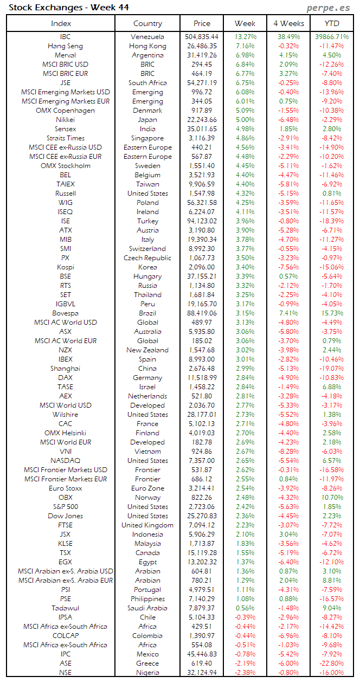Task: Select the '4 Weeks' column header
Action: pos(288,23)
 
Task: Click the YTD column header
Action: pos(332,23)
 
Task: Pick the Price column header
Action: pos(202,23)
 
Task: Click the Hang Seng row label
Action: pos(65,46)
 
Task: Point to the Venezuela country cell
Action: pos(147,37)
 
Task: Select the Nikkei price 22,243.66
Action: pos(202,120)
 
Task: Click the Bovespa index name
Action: pos(65,313)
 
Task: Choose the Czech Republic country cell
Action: pos(147,258)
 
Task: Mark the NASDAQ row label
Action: pos(65,461)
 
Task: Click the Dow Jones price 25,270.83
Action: pos(202,516)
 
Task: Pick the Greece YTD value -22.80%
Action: pos(332,663)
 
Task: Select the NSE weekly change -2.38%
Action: pos(245,673)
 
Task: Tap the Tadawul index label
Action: pos(65,608)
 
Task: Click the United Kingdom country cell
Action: pos(147,525)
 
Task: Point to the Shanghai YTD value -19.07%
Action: pos(332,369)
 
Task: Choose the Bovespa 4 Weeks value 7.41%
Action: pos(288,313)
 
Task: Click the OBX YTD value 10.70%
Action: pos(332,498)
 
